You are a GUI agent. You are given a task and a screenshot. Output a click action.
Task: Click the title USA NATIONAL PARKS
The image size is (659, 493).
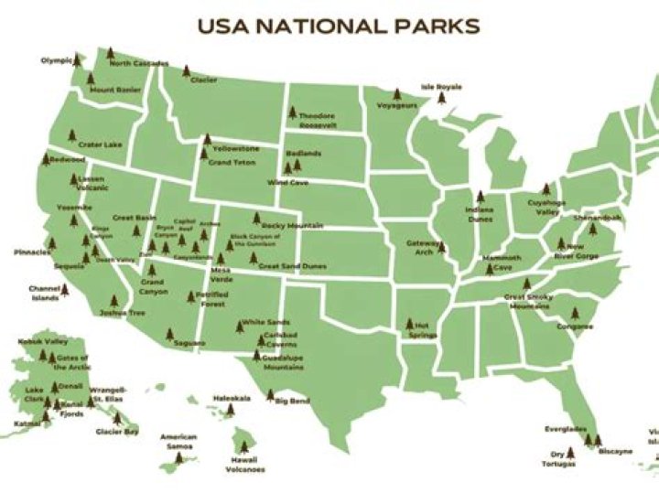pyautogui.click(x=339, y=26)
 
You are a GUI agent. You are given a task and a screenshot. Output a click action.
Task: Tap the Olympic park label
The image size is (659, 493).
pyautogui.click(x=55, y=61)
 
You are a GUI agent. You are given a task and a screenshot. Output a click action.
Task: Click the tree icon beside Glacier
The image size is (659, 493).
pyautogui.click(x=186, y=70)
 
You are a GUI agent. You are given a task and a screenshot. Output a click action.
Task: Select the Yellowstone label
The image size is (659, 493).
pyautogui.click(x=235, y=148)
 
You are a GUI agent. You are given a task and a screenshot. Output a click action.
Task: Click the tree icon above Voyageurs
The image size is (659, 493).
pyautogui.click(x=397, y=93)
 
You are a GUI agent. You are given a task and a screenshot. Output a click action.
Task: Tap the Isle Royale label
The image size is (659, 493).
pyautogui.click(x=441, y=87)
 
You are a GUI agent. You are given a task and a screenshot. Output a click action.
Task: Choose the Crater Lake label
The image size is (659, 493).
pyautogui.click(x=100, y=145)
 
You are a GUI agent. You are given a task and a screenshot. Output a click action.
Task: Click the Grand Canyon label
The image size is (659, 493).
pyautogui.click(x=152, y=287)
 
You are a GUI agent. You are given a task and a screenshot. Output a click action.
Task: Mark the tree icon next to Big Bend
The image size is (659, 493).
pyautogui.click(x=270, y=395)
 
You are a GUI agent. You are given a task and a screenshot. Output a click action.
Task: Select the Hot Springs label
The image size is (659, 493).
pyautogui.click(x=423, y=328)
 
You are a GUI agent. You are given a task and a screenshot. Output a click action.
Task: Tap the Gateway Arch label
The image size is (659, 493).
pyautogui.click(x=425, y=248)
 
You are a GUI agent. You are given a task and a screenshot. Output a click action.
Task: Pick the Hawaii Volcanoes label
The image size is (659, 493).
pyautogui.click(x=245, y=464)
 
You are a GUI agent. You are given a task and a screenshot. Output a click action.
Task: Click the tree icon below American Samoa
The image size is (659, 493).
pyautogui.click(x=179, y=457)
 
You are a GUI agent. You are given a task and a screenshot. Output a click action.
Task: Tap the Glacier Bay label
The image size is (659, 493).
pyautogui.click(x=117, y=431)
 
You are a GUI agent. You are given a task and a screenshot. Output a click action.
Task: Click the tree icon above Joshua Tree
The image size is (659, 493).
pyautogui.click(x=113, y=301)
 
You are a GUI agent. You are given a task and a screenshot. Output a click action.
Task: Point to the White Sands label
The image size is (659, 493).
pyautogui.click(x=266, y=322)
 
